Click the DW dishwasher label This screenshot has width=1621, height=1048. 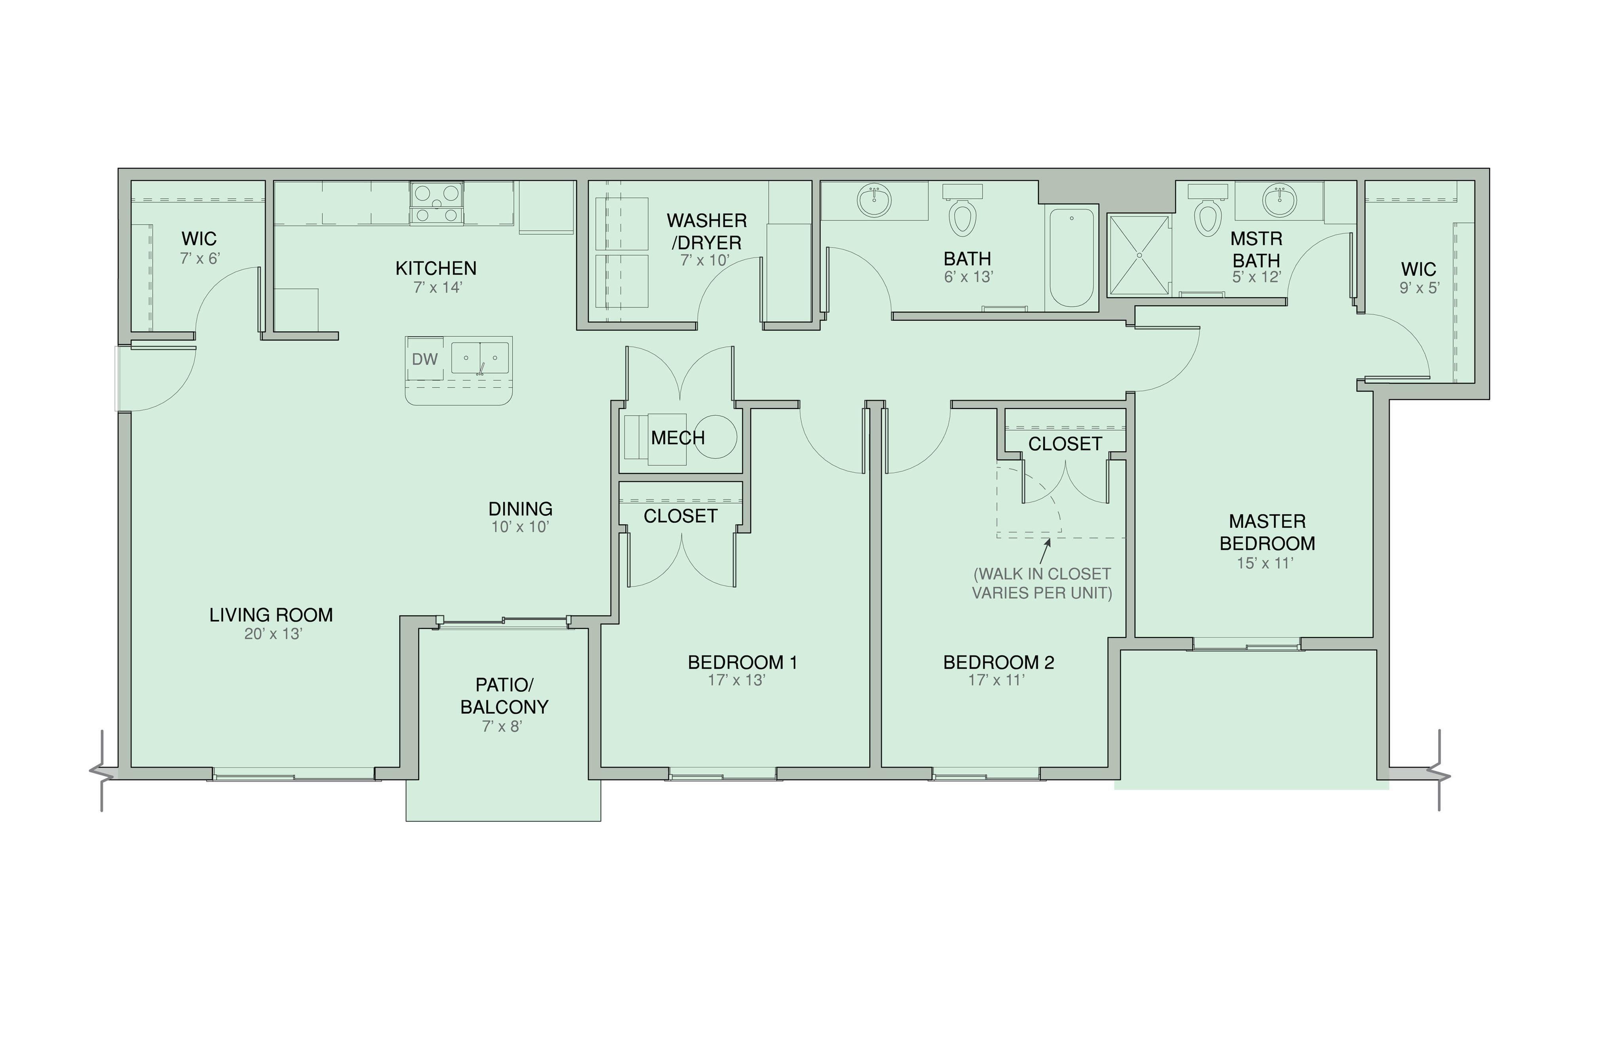[424, 359]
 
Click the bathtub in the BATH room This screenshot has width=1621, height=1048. [1072, 257]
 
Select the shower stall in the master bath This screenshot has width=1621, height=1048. [1139, 255]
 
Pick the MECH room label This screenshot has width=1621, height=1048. [678, 437]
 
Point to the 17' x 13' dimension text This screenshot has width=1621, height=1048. [736, 680]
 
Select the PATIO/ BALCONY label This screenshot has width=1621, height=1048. [504, 696]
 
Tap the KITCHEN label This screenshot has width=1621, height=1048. [436, 268]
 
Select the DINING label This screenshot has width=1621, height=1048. [520, 509]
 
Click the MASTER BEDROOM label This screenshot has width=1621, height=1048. [1267, 532]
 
